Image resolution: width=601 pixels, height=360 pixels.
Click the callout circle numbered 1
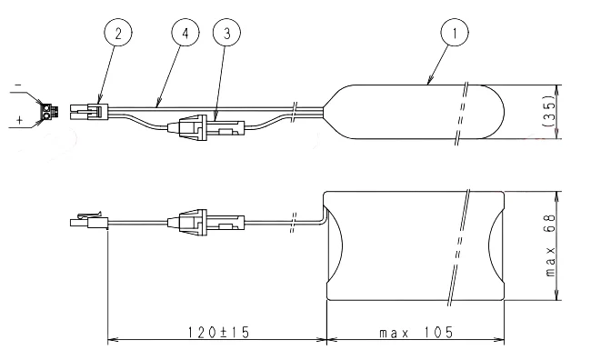[455, 33]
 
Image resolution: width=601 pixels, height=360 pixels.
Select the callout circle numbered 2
[118, 33]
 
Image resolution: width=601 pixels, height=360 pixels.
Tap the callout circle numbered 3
[226, 33]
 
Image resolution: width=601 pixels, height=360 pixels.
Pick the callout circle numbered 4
[185, 33]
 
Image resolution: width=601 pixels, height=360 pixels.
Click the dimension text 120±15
[218, 332]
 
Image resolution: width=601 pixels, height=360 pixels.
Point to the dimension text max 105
[416, 332]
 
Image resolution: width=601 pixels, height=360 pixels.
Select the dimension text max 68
[550, 245]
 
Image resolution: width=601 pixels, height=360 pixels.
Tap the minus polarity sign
[18, 85]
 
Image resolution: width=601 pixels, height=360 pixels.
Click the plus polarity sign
[19, 120]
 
